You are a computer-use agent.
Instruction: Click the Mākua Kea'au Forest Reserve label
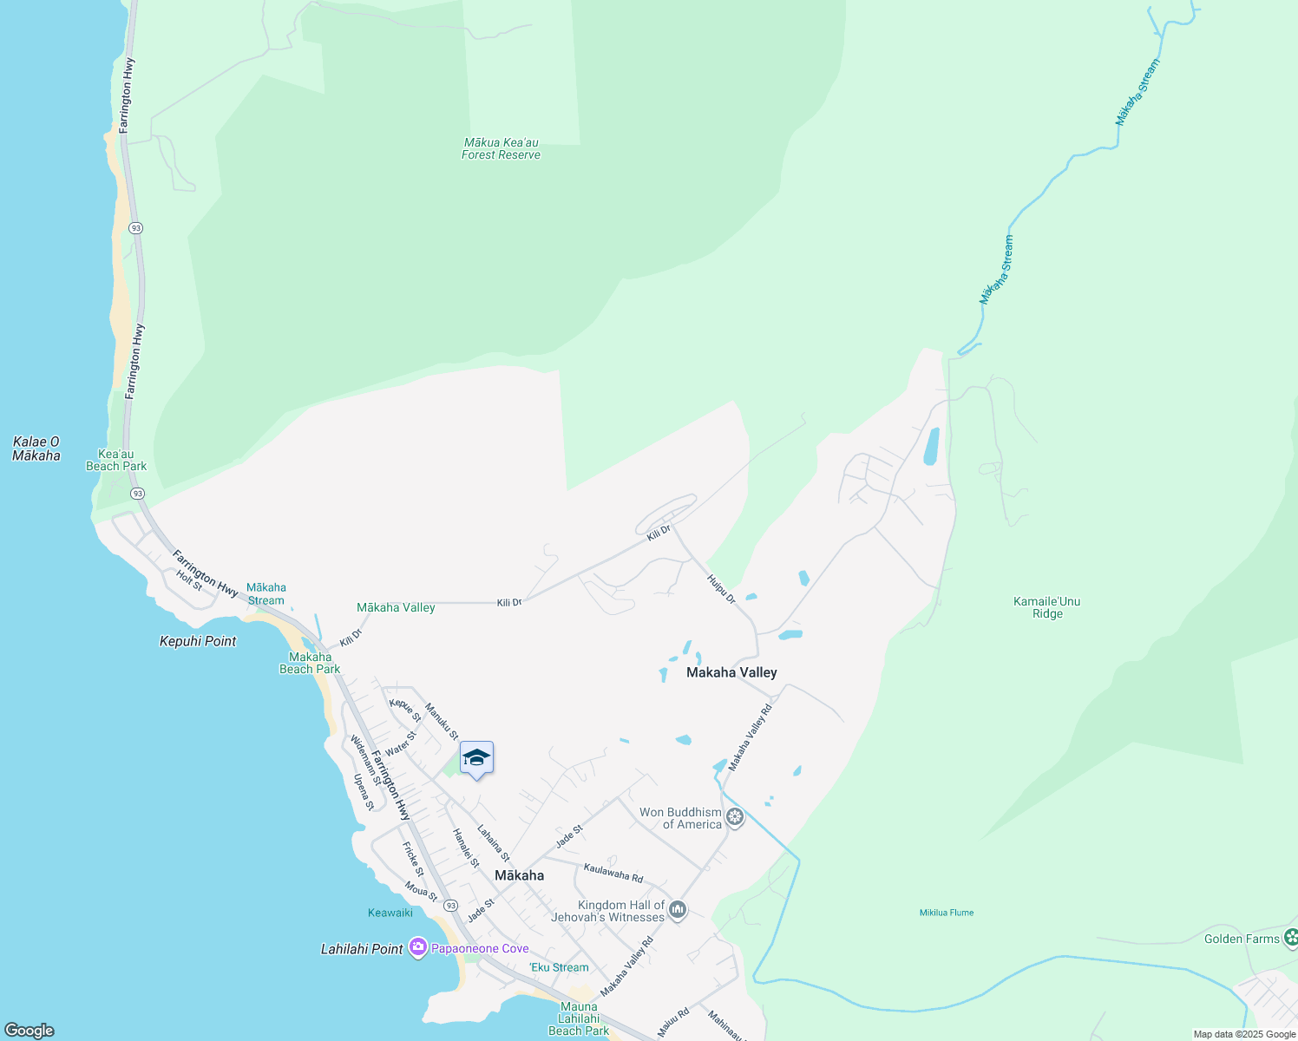(x=501, y=149)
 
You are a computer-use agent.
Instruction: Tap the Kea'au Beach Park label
(x=116, y=461)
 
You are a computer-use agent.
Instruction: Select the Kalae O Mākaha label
(x=36, y=448)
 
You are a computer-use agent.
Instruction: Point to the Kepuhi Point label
(x=198, y=641)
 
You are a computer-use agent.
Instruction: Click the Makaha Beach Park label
(x=310, y=663)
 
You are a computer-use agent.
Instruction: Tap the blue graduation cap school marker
(x=476, y=758)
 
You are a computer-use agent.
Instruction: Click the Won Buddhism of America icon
(x=735, y=817)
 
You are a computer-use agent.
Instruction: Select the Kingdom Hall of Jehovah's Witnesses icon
(x=678, y=910)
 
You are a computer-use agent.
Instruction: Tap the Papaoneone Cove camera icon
(x=418, y=947)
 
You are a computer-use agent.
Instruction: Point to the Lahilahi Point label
(x=362, y=949)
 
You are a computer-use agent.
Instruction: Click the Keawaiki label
(x=390, y=913)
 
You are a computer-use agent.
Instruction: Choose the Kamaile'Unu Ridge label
(x=1047, y=607)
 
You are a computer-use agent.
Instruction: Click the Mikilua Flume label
(x=947, y=913)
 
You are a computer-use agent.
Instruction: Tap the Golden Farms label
(x=1242, y=939)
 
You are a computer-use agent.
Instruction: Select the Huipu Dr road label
(x=721, y=589)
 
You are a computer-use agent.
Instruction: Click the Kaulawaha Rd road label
(x=613, y=872)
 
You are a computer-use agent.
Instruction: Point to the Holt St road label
(x=189, y=580)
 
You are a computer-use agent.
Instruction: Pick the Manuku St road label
(x=442, y=721)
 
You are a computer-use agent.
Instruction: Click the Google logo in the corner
(x=29, y=1031)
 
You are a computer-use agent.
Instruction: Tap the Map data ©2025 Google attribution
(x=1244, y=1034)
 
